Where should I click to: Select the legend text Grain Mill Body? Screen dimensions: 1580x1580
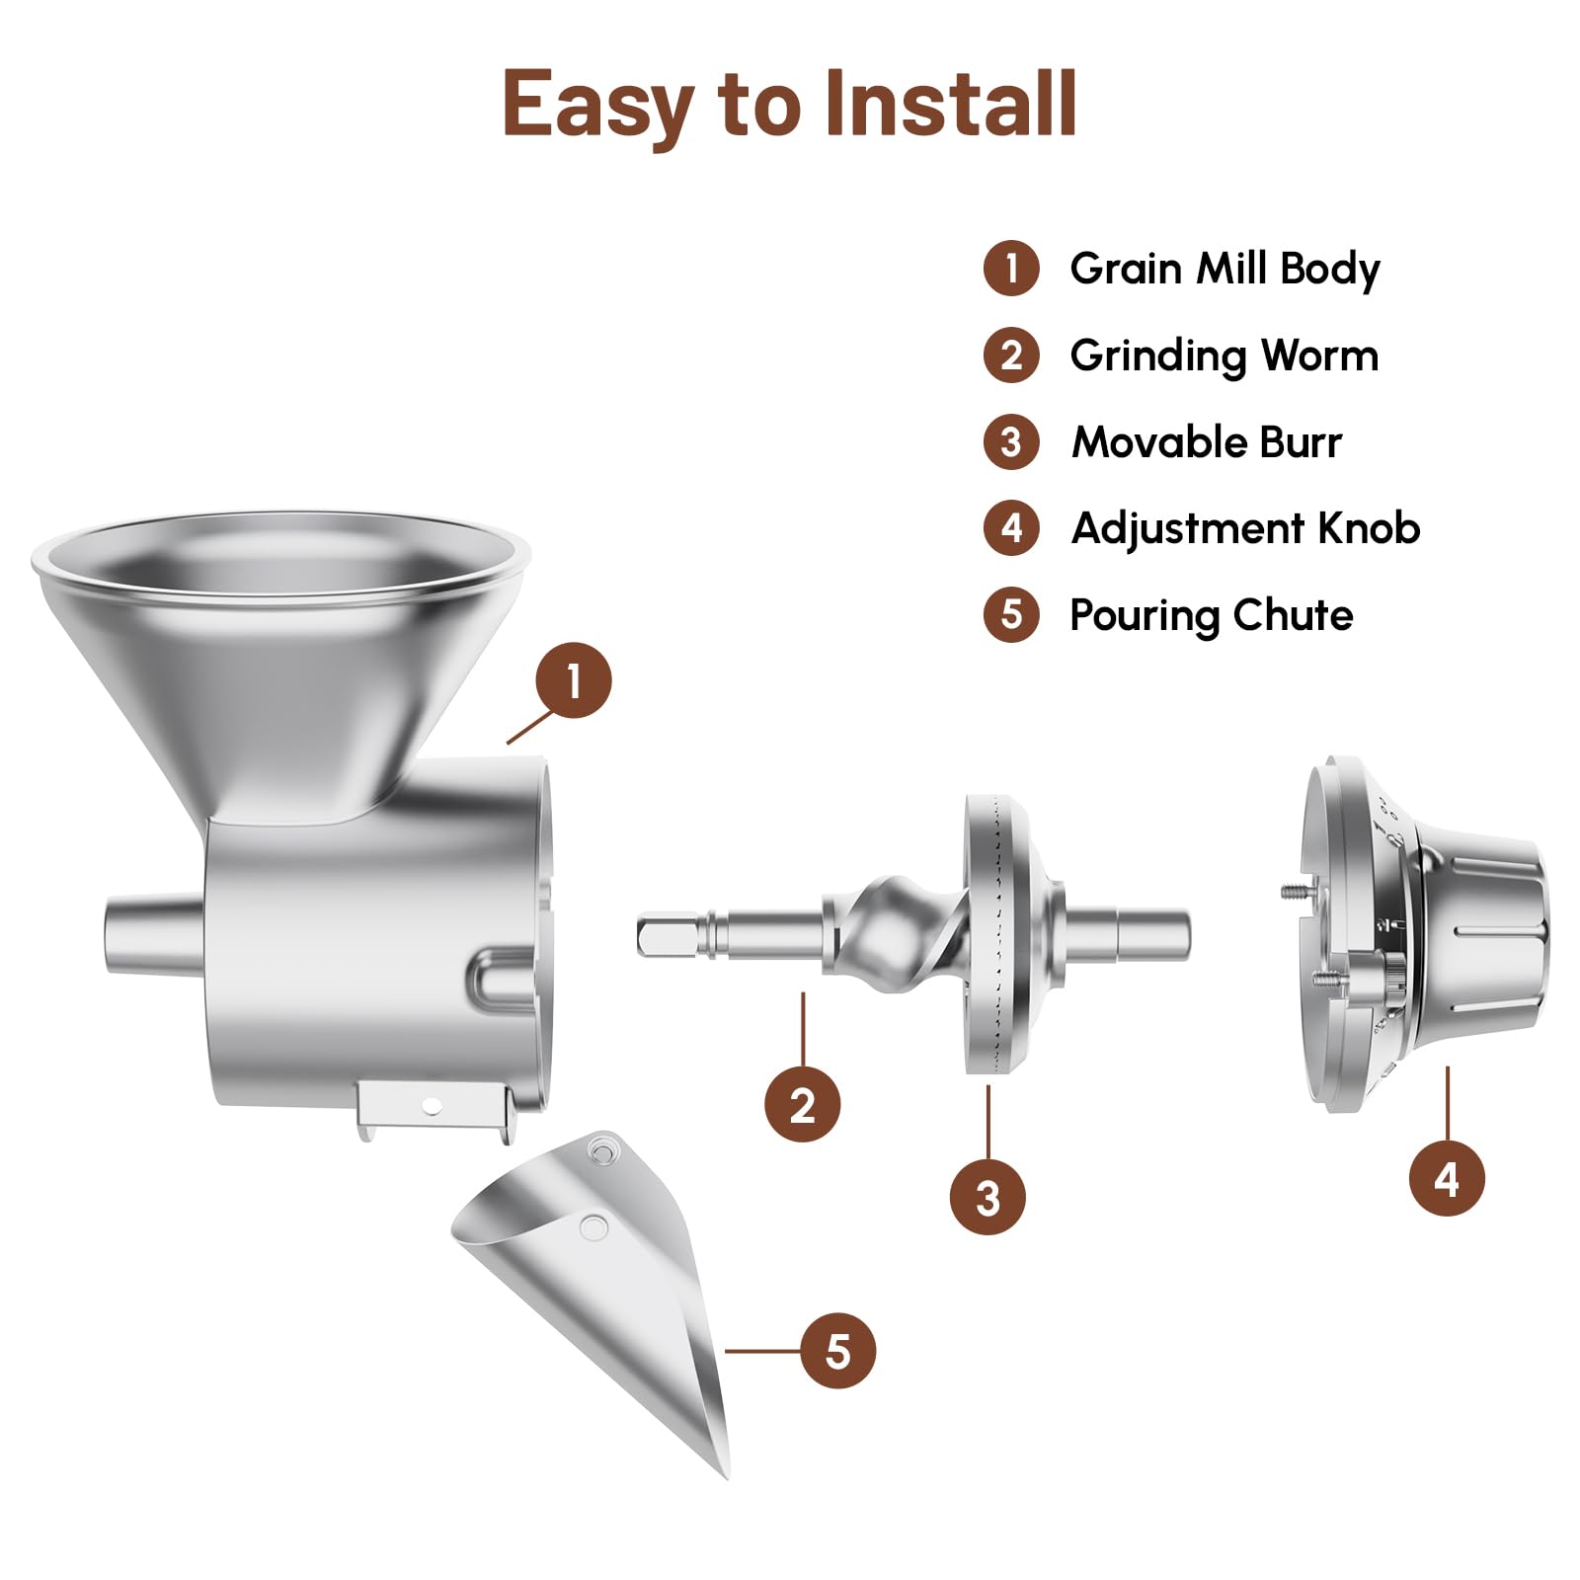pyautogui.click(x=1224, y=269)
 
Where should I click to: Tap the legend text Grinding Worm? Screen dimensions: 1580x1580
pyautogui.click(x=1224, y=355)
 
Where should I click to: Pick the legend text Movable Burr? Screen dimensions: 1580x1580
pyautogui.click(x=1207, y=441)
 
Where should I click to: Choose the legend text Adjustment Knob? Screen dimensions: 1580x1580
pyautogui.click(x=1246, y=528)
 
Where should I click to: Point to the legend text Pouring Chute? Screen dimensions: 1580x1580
pyautogui.click(x=1212, y=615)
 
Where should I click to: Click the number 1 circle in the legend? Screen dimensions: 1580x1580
pyautogui.click(x=1011, y=269)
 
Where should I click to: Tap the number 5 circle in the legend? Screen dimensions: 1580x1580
pyautogui.click(x=1011, y=614)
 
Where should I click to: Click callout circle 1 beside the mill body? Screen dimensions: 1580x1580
pyautogui.click(x=574, y=680)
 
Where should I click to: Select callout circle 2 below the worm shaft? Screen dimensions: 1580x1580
pyautogui.click(x=803, y=1104)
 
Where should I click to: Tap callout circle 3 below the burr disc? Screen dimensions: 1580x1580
pyautogui.click(x=987, y=1197)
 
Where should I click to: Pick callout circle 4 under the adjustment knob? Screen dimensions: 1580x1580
pyautogui.click(x=1447, y=1178)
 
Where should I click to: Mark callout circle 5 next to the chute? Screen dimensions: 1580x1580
pyautogui.click(x=837, y=1351)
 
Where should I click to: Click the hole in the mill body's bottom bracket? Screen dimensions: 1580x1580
pyautogui.click(x=431, y=1106)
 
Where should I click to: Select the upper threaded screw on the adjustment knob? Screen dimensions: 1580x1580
pyautogui.click(x=1290, y=891)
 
